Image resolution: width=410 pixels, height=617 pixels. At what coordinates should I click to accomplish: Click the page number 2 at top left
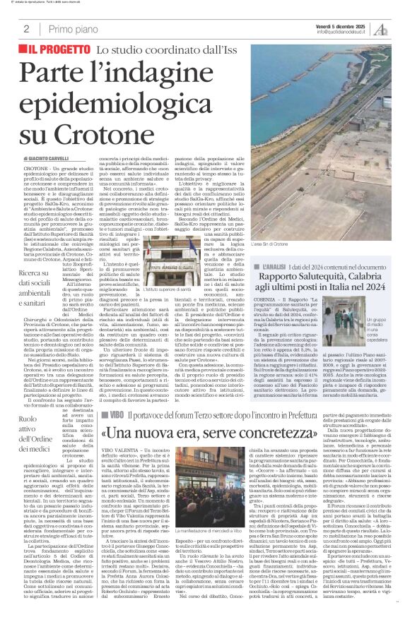tap(26, 29)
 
